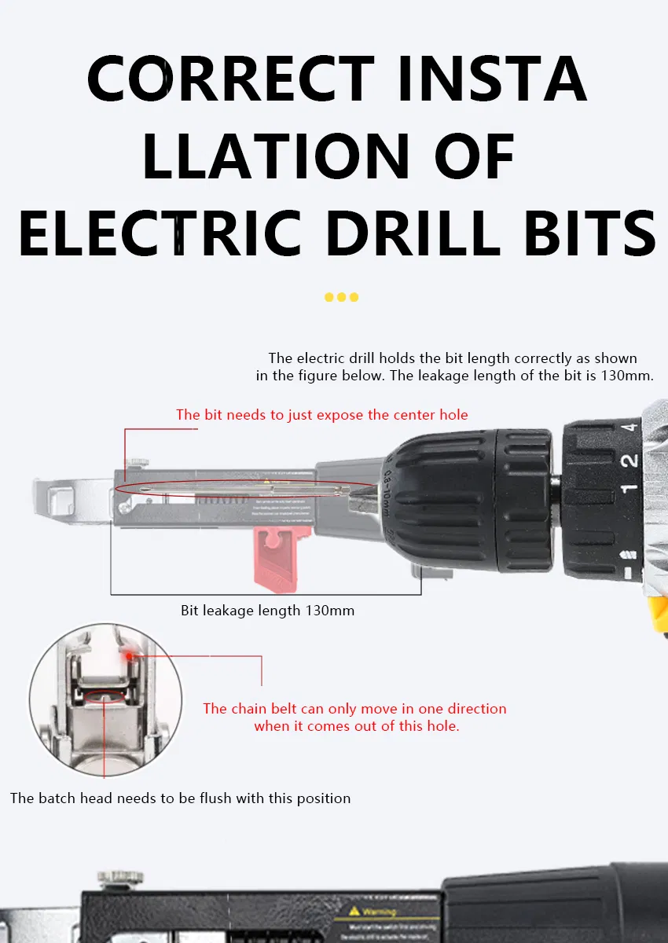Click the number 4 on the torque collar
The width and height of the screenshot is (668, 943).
[x=628, y=429]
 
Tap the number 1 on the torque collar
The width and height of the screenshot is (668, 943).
[x=628, y=489]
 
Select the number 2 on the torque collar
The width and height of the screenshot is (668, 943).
[x=628, y=460]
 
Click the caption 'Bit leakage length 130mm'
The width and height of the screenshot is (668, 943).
[x=267, y=611]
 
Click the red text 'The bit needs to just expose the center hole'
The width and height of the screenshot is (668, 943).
[x=321, y=415]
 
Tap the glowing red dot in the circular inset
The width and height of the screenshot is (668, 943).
[x=128, y=651]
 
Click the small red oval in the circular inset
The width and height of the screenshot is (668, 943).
[x=105, y=695]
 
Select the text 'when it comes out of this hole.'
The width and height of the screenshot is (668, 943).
[x=356, y=726]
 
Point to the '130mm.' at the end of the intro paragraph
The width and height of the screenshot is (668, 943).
[x=626, y=376]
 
